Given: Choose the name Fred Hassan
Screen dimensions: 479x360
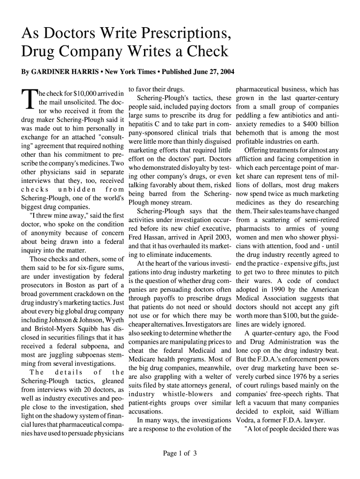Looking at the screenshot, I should tap(148, 238).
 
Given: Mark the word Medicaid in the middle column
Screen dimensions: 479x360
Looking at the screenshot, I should tap(209, 351).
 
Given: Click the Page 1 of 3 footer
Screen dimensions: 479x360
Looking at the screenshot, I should tap(180, 453).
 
